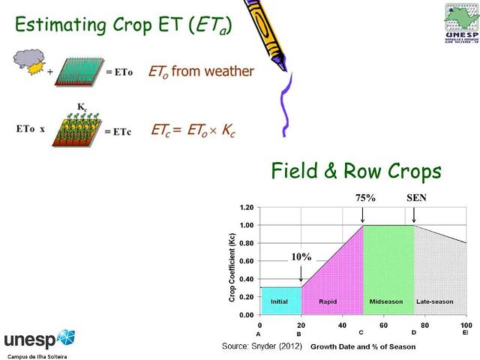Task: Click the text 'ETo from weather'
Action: [x=202, y=72]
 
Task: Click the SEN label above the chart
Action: [x=415, y=197]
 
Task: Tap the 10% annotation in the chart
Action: [x=301, y=256]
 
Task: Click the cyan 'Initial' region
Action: [x=280, y=301]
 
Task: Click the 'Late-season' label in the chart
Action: [x=435, y=301]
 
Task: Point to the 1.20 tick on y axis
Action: [x=246, y=207]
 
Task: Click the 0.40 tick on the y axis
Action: [x=246, y=279]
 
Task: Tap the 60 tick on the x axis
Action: [x=384, y=325]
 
